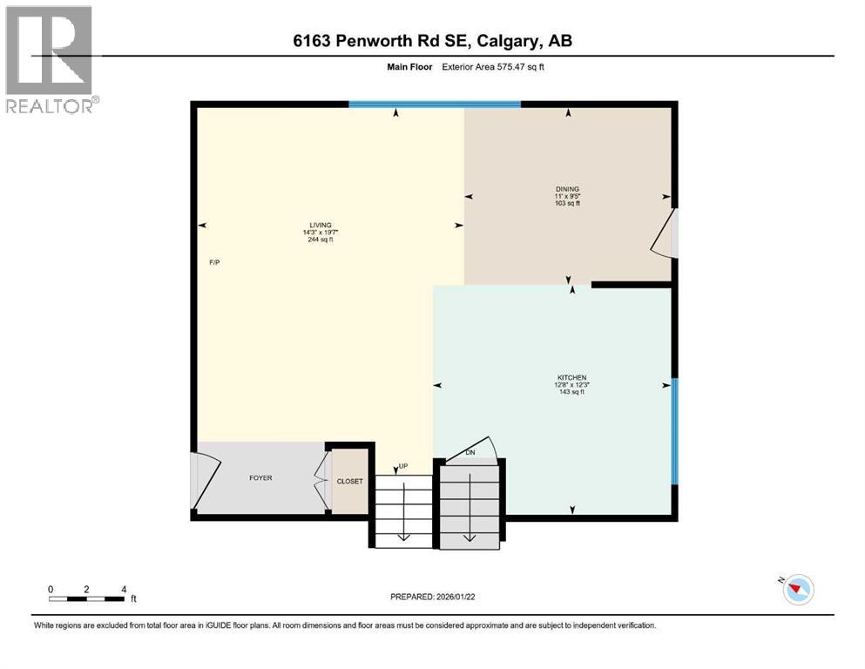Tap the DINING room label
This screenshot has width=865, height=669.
(x=567, y=189)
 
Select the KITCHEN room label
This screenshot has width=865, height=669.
(x=571, y=377)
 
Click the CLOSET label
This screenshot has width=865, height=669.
(x=350, y=481)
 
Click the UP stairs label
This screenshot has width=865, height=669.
(x=403, y=466)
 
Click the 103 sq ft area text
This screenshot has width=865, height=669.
(x=567, y=204)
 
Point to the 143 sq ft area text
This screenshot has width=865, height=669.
(x=571, y=392)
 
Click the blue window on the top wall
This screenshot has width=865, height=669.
(x=435, y=105)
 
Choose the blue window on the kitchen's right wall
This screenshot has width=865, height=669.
(x=674, y=430)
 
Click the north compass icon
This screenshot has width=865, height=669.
(x=798, y=591)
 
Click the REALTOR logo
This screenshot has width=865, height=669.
(x=50, y=59)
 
